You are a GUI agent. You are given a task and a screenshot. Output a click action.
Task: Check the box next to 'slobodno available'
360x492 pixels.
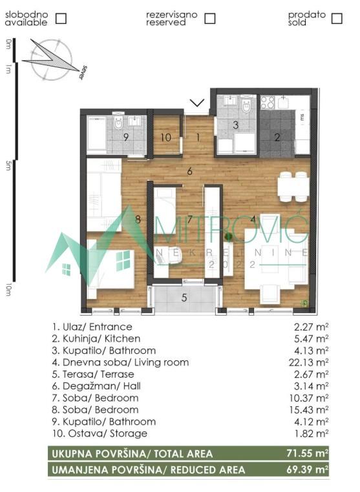pos(61,18)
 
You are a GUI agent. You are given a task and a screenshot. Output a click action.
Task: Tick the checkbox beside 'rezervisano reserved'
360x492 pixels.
pos(209,18)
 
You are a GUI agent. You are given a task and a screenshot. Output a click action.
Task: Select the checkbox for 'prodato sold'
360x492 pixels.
pos(336,18)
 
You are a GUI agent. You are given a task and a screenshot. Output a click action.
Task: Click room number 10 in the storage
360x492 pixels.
pos(165,136)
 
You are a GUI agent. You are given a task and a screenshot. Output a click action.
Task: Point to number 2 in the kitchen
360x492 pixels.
pos(277,136)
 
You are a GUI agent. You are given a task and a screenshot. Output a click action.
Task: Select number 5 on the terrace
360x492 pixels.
pos(184,298)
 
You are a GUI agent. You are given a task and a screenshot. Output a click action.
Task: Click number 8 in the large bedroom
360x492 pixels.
pos(138,219)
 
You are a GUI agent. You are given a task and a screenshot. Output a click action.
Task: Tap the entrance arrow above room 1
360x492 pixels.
pos(198,103)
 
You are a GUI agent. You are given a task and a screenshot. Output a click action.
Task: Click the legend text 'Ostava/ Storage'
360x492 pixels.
pos(100,433)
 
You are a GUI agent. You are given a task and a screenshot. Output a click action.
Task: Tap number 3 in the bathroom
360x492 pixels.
pos(236,125)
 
